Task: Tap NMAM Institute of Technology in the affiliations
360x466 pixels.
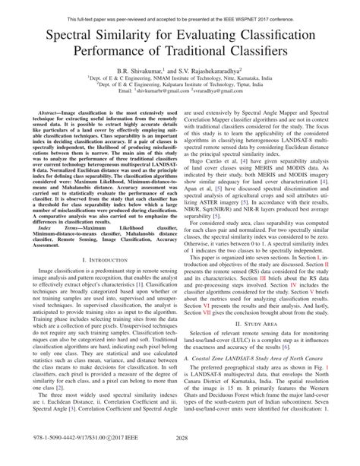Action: pos(169,78)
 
